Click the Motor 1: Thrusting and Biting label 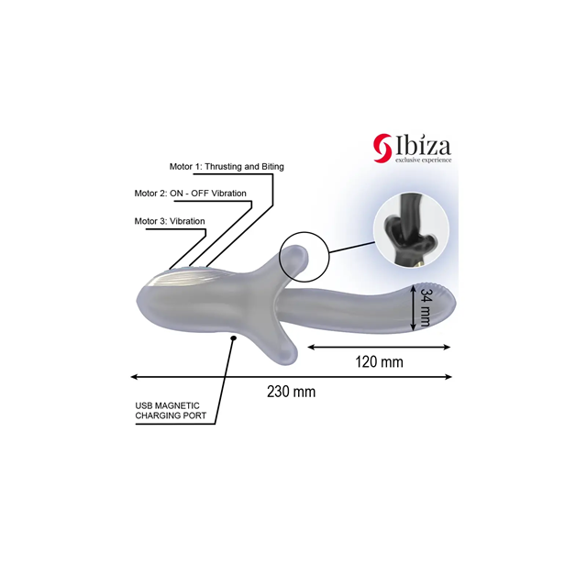[x=227, y=166]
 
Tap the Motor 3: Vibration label [x=170, y=221]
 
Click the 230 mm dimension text [x=291, y=392]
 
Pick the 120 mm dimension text [x=379, y=361]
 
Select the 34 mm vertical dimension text [x=426, y=311]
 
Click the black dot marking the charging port [x=235, y=338]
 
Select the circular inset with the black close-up [x=411, y=233]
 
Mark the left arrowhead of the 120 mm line [x=310, y=347]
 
